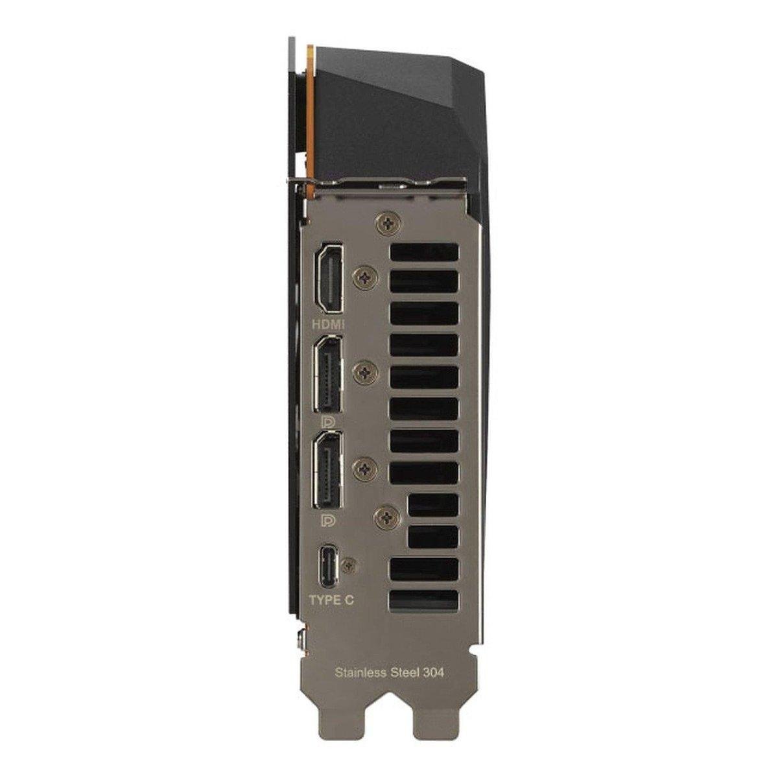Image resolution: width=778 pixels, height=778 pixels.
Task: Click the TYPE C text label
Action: point(331,611)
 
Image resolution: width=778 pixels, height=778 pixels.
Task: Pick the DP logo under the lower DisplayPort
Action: point(325,521)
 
